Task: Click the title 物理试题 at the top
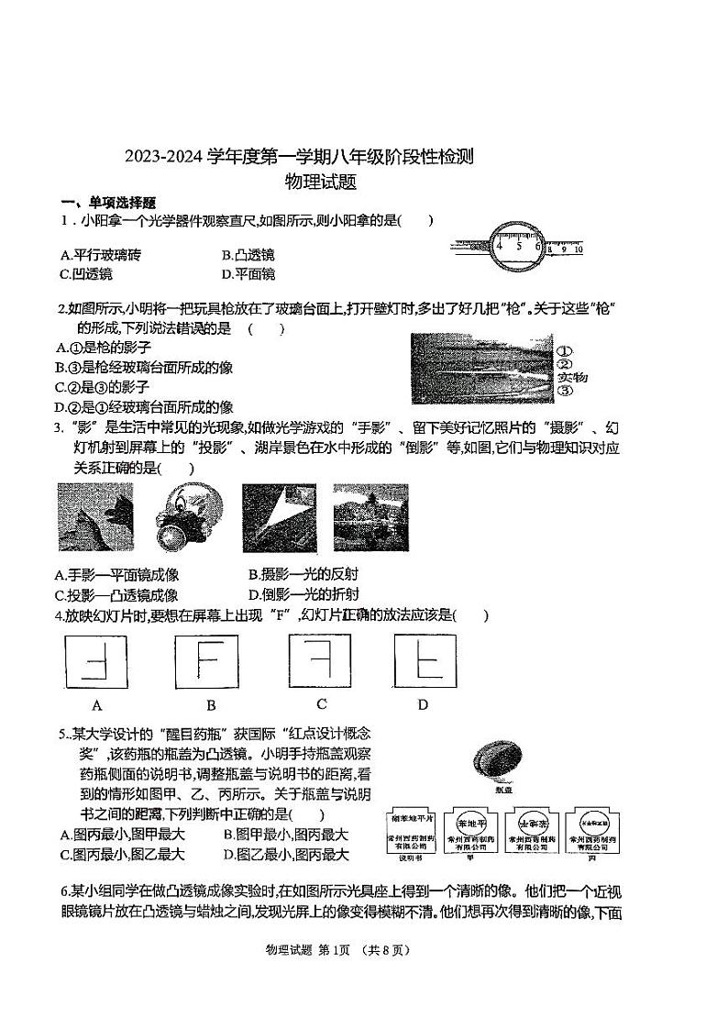click(320, 182)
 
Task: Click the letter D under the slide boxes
click(423, 704)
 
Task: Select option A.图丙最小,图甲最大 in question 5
click(122, 835)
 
